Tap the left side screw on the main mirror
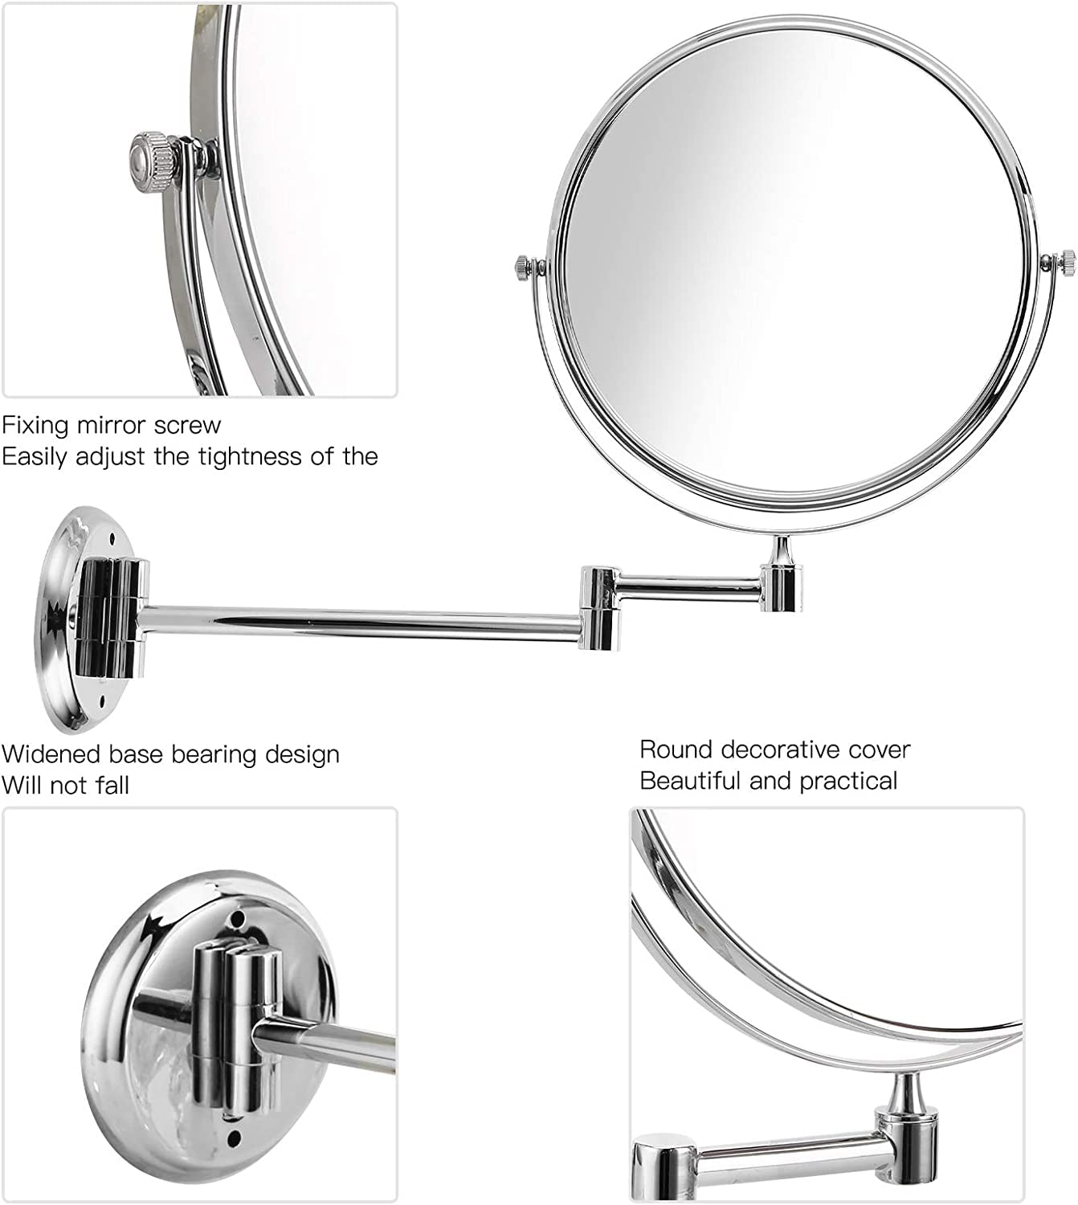[x=524, y=264]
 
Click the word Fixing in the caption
[x=35, y=427]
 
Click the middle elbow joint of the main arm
[x=601, y=608]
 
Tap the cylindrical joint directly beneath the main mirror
[x=781, y=587]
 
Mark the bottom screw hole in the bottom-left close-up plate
[x=234, y=1138]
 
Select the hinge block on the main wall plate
[x=112, y=619]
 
